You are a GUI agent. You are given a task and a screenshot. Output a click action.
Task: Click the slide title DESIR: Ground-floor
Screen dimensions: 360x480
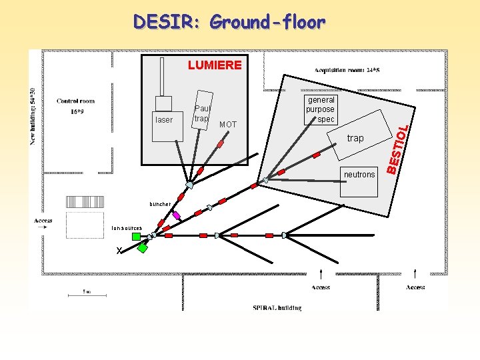click(229, 22)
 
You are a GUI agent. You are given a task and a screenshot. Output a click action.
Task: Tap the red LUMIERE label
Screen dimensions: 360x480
click(215, 65)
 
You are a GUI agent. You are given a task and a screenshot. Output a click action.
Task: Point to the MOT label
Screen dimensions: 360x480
click(227, 125)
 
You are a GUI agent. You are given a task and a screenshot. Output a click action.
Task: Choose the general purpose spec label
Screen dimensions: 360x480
click(321, 110)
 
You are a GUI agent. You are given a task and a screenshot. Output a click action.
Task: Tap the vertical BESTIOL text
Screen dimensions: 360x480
click(396, 145)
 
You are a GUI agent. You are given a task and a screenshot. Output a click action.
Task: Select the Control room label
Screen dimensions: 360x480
click(75, 101)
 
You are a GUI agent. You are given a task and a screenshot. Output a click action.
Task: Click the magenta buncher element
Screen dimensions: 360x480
click(177, 215)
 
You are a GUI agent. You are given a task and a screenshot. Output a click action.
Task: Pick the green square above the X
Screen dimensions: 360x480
click(136, 236)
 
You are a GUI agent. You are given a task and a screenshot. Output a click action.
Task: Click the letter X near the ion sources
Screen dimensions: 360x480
click(119, 251)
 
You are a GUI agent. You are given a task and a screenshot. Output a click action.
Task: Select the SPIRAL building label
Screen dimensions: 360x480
click(277, 307)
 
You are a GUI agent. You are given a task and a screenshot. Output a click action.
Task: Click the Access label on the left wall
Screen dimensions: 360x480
click(43, 221)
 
